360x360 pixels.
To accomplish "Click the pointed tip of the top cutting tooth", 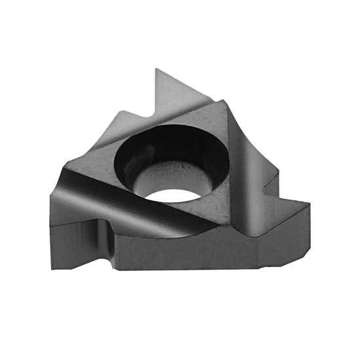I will point(154,67).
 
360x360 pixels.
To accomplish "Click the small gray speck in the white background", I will point(342,290).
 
